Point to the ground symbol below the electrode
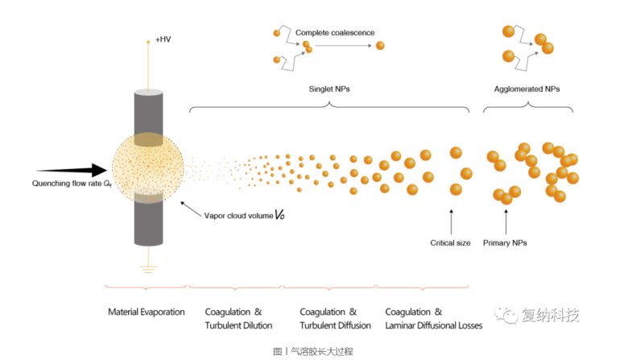148,269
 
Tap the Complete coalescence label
335,32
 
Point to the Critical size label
450,242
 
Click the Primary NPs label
505,242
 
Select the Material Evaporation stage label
147,312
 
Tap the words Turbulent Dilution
238,325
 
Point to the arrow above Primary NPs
505,219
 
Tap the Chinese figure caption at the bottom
313,351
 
